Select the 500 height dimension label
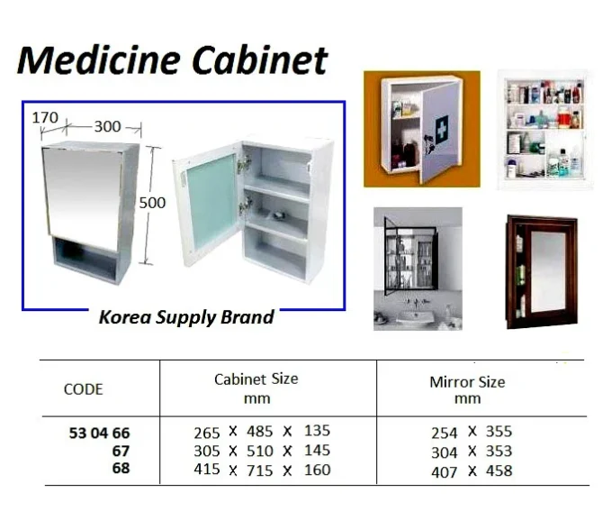click(x=152, y=203)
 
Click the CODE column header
click(x=83, y=389)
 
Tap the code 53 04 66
click(x=99, y=433)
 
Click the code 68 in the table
click(x=121, y=468)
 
